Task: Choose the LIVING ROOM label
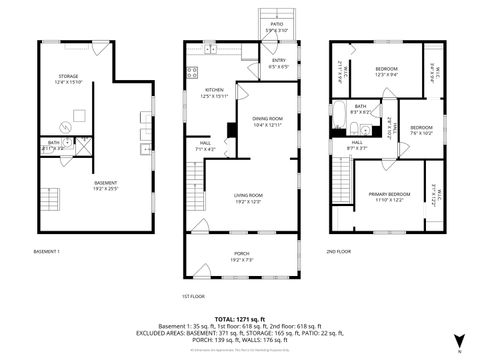pyautogui.click(x=248, y=197)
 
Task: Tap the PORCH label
pyautogui.click(x=241, y=255)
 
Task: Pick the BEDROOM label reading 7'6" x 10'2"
pyautogui.click(x=421, y=129)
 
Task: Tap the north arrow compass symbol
pyautogui.click(x=459, y=340)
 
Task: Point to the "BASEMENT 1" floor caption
pyautogui.click(x=47, y=251)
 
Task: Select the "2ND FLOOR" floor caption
pyautogui.click(x=340, y=251)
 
